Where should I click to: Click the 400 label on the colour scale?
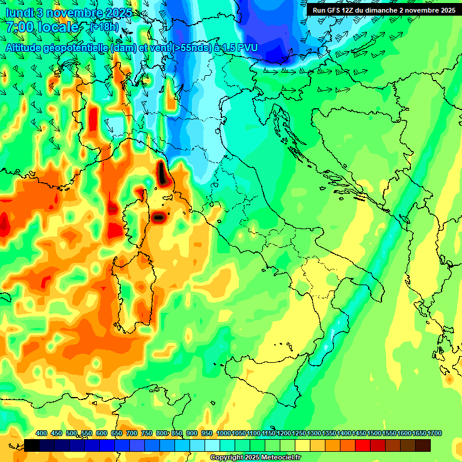(x=42, y=433)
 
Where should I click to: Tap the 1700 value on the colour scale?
(x=435, y=433)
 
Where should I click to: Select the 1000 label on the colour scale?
(x=223, y=433)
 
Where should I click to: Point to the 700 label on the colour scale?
(x=131, y=433)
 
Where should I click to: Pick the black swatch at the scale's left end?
(x=32, y=445)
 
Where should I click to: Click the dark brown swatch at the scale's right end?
(x=423, y=445)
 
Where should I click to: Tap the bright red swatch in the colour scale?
(x=363, y=445)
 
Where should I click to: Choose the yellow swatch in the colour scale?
(x=303, y=445)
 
